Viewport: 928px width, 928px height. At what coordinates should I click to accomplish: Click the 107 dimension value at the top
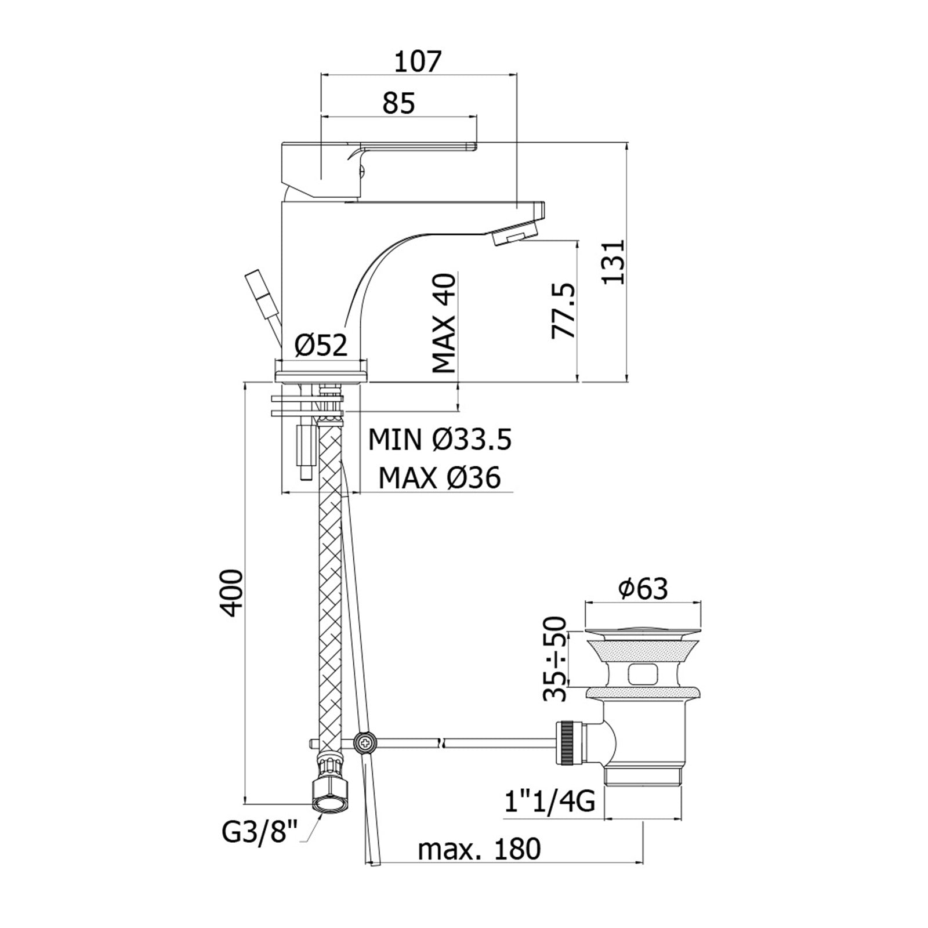tap(418, 61)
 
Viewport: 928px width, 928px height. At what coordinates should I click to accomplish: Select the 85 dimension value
tap(399, 103)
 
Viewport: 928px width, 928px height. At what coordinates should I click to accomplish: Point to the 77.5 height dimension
tap(563, 311)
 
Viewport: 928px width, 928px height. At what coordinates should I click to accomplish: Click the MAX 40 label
tap(445, 323)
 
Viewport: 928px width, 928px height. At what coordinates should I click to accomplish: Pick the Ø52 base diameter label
tap(321, 346)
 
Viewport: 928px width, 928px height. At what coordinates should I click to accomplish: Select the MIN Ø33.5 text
tap(440, 440)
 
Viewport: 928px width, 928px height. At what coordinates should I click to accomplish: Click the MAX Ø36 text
tap(440, 478)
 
